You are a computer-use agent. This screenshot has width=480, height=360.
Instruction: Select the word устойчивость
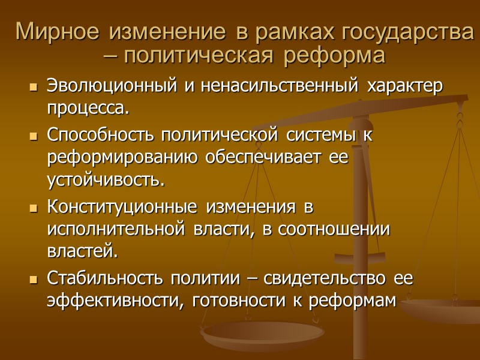coord(104,181)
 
